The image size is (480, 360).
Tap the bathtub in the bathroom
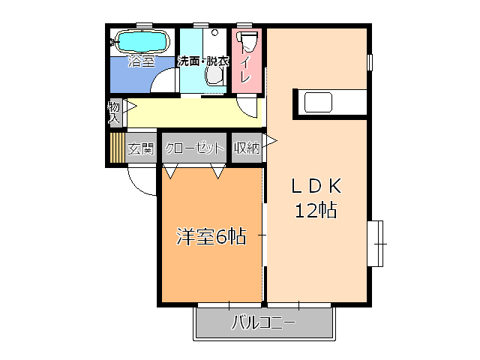coord(140,40)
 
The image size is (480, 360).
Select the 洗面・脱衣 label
coord(202,61)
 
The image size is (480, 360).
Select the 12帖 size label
coord(315,211)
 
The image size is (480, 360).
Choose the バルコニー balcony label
coord(262,324)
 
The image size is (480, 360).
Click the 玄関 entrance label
coord(141,148)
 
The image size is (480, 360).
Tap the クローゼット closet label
coord(194,148)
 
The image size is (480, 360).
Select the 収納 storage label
coord(246,148)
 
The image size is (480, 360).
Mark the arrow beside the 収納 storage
coord(267,140)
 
